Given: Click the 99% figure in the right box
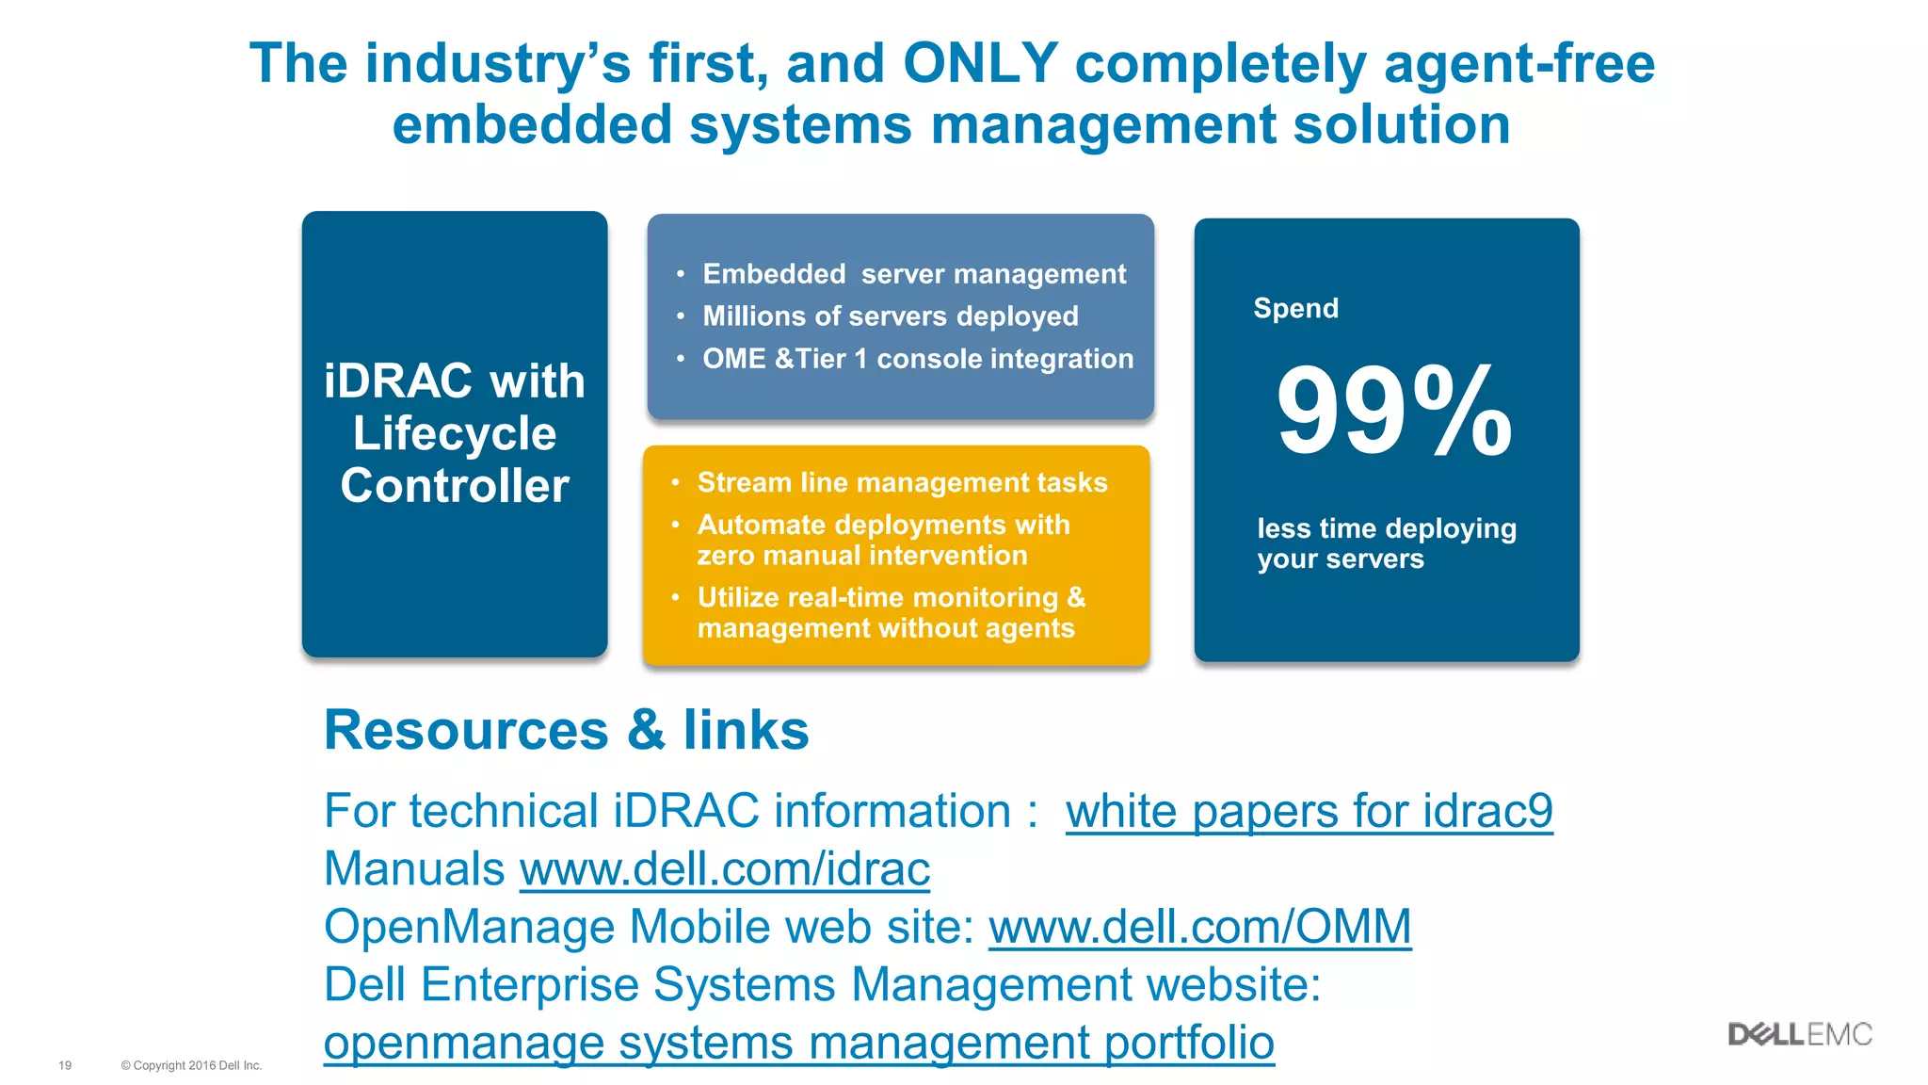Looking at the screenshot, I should tap(1393, 413).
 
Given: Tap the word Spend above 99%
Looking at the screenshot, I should tap(1295, 308).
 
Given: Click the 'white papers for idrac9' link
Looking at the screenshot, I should tap(1309, 811).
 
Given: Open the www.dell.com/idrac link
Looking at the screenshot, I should tap(725, 868).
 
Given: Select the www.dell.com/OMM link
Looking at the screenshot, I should tap(1199, 927).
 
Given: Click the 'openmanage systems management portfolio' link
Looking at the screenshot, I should tap(798, 1043).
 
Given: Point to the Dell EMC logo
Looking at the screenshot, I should tap(1799, 1034).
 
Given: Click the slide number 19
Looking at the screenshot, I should tap(65, 1065).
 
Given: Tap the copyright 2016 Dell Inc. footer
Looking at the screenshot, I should tap(191, 1065).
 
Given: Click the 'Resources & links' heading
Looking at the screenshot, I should tap(566, 730).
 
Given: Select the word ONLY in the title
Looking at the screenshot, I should tap(980, 64).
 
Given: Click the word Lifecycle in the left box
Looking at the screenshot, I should tap(455, 433).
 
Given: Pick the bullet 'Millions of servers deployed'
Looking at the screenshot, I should tap(890, 316).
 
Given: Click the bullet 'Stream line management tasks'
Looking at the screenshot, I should tap(902, 482).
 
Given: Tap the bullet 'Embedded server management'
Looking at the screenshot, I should tap(913, 274).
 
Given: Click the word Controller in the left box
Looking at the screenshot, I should tap(455, 486).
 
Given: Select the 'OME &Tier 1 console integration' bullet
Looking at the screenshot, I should tap(917, 359).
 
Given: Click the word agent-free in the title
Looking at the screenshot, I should tap(1518, 64).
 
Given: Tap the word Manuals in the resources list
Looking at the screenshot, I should tap(414, 868).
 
